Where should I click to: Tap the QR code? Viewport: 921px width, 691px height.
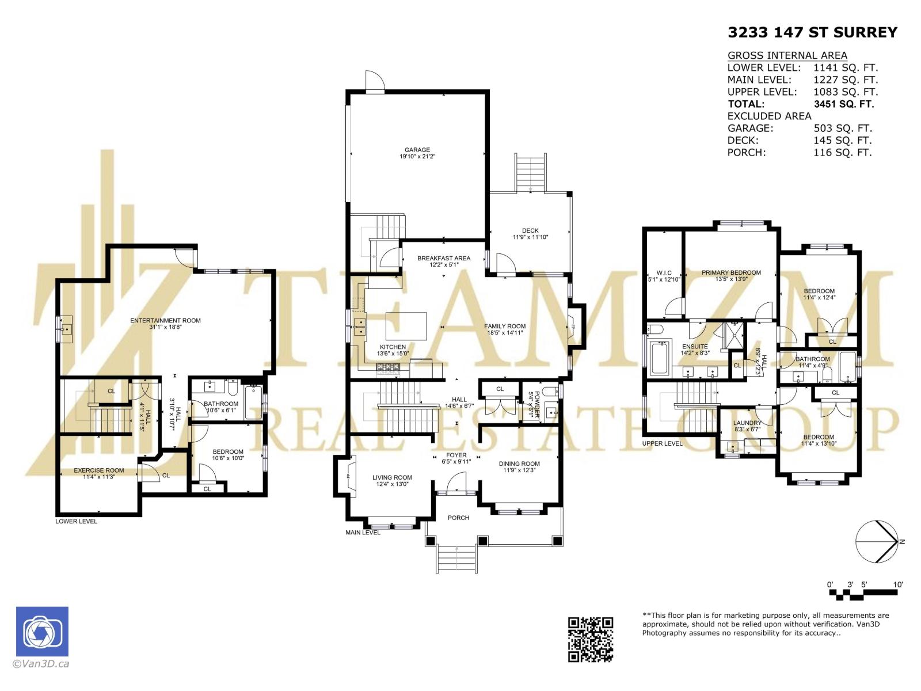coord(591,639)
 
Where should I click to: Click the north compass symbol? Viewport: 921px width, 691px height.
coord(877,542)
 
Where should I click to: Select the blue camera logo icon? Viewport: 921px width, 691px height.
coord(42,631)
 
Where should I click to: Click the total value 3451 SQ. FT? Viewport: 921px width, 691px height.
coord(843,104)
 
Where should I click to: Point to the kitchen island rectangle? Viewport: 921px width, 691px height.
coord(406,326)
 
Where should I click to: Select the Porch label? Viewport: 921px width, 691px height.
coord(458,518)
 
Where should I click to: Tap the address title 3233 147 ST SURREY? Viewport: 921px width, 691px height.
coord(812,32)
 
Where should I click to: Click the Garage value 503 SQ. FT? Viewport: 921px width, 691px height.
coord(843,128)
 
